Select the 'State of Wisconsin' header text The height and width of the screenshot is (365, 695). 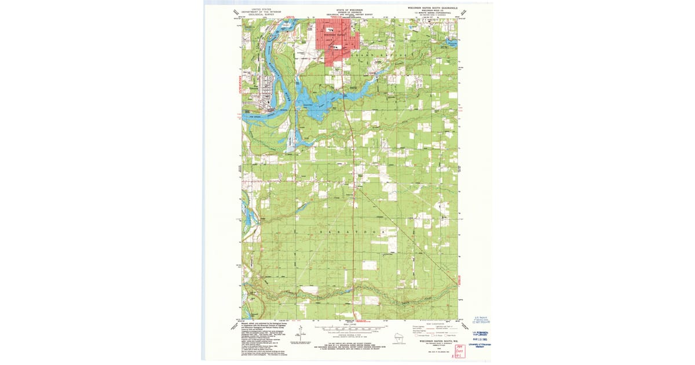[x=348, y=10]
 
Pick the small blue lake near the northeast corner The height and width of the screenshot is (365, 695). [x=452, y=43]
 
